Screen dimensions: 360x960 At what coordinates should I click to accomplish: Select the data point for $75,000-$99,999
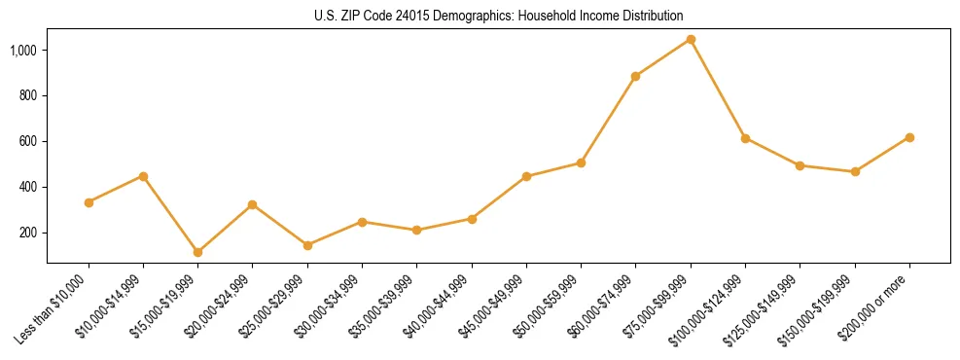tap(691, 39)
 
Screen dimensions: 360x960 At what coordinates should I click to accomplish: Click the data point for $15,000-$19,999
tap(197, 252)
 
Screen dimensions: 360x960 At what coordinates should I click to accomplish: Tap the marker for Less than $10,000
tap(89, 202)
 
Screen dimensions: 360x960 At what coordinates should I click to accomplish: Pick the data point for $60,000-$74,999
tap(635, 76)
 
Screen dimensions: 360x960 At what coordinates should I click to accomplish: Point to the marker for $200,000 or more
tap(909, 137)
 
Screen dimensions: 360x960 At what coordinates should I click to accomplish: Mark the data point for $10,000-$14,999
tap(143, 176)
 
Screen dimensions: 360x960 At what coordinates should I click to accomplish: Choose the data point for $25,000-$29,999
tap(253, 245)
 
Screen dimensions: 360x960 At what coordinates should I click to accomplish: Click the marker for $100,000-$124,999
tap(745, 138)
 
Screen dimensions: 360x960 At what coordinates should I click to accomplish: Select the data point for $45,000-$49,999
tap(526, 176)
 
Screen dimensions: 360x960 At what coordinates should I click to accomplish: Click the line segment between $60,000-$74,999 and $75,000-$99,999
tap(663, 57)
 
